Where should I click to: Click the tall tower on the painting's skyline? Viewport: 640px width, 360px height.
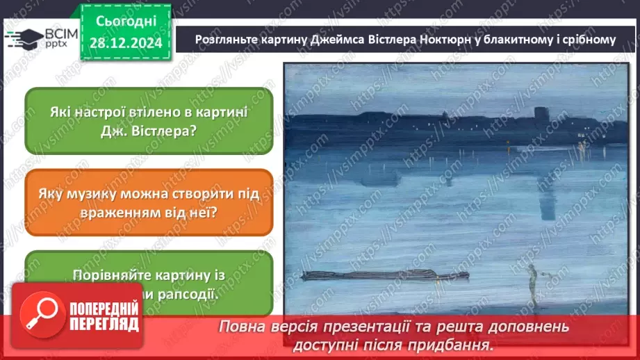pos(541,114)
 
